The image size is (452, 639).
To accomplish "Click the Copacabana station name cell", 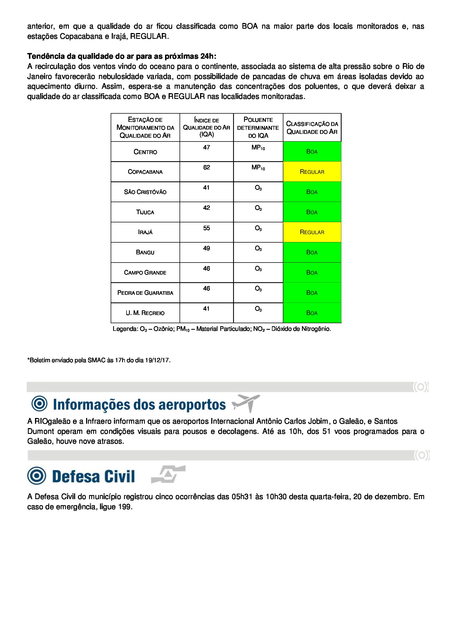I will [145, 172].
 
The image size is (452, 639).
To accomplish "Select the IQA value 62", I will [206, 167].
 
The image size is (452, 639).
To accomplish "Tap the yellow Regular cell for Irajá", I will [312, 232].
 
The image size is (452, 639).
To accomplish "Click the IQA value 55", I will [206, 228].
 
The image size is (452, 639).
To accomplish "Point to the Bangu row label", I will [145, 252].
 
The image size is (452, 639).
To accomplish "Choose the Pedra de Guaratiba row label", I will [145, 293].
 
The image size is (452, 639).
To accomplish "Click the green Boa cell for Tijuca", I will [312, 212].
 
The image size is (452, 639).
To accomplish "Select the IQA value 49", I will [206, 248].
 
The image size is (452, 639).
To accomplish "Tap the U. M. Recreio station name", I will [145, 313].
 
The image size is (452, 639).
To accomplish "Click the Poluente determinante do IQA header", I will [258, 128].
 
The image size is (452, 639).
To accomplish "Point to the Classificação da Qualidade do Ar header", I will [312, 128].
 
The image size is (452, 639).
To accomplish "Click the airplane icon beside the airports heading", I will [246, 402].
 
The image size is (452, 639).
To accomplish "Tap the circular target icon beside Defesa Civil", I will [36, 476].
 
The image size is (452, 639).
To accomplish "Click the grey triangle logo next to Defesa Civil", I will [168, 474].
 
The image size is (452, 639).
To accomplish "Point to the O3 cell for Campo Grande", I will [258, 269].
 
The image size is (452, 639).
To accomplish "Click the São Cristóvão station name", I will [145, 192].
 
